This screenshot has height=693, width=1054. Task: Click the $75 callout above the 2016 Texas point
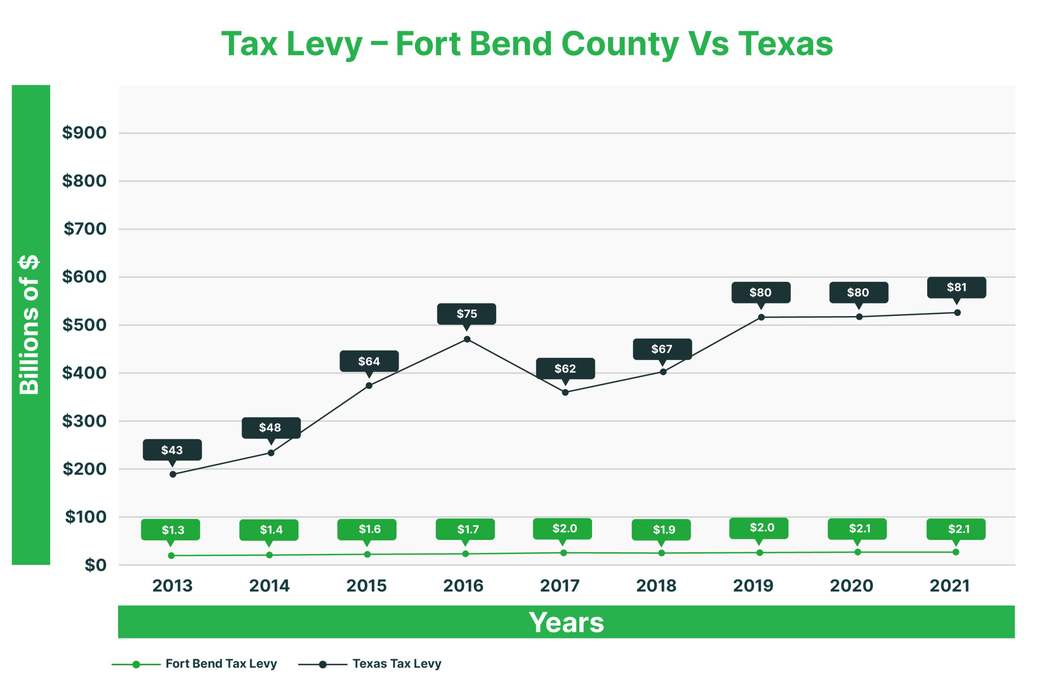pos(466,314)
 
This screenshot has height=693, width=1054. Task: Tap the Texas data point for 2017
pos(565,392)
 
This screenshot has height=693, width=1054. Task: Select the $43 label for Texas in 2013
pos(172,450)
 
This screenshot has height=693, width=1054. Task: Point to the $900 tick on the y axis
pos(84,133)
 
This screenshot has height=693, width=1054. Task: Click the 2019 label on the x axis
pos(753,586)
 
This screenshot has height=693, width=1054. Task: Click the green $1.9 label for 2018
pos(661,529)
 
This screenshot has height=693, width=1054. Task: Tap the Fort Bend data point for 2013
pos(171,556)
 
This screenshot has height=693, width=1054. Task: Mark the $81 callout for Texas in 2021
pos(956,287)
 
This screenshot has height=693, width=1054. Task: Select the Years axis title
pos(566,622)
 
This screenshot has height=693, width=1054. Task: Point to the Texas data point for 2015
pos(369,386)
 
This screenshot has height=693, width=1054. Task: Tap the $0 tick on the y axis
pos(95,565)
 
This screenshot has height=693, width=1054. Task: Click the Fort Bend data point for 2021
pos(956,552)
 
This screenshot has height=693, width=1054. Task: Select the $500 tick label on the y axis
pos(84,325)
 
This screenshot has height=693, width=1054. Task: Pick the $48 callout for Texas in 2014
pos(270,428)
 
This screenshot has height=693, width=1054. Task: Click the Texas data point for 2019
pos(761,317)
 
